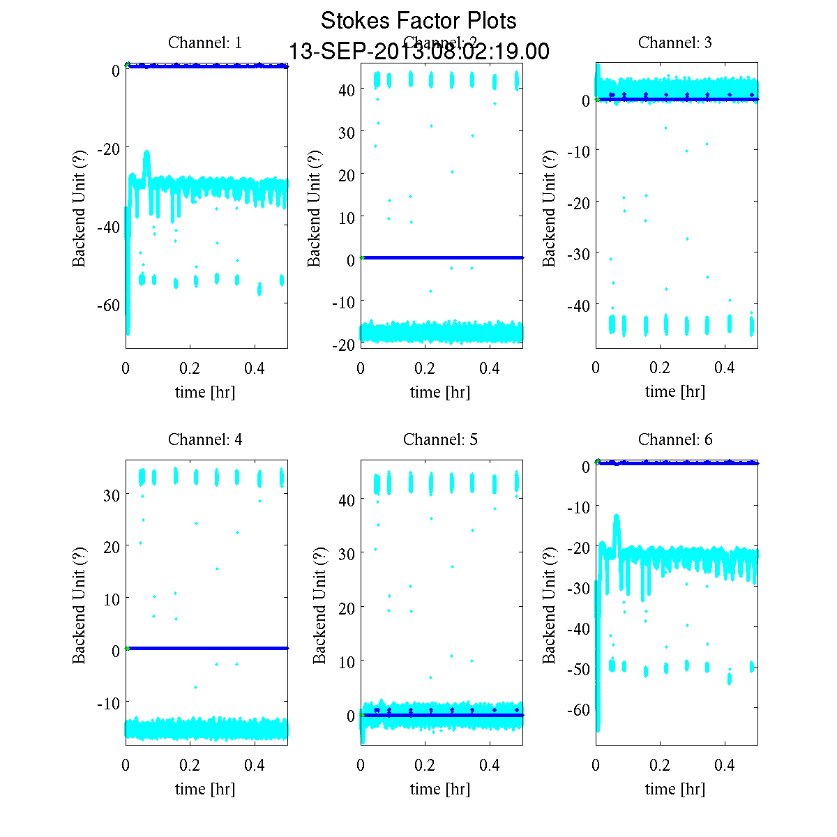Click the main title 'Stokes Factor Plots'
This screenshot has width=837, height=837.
coord(418,21)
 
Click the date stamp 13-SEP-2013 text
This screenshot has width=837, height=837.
coord(418,52)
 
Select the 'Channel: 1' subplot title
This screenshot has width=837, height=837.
coord(205,43)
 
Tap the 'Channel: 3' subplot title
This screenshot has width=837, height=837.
coord(675,43)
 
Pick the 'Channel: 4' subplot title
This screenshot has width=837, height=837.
coord(205,439)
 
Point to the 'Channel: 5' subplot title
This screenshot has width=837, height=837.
coord(440,439)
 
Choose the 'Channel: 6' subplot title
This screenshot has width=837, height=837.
coord(675,439)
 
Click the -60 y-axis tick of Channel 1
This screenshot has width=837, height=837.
coord(107,306)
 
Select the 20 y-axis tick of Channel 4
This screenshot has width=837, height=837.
coord(112,547)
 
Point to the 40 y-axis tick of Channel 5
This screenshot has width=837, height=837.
coord(347,500)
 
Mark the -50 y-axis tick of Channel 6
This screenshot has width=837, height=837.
coord(578,670)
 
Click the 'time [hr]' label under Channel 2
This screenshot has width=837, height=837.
coord(440,392)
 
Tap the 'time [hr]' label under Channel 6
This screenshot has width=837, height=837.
coord(675,789)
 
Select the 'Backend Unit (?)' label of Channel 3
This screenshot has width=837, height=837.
coord(550,208)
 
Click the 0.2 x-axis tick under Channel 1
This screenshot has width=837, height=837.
coord(190,368)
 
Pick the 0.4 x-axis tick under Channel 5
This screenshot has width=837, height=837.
coord(490,765)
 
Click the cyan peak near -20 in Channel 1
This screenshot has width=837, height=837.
coord(146,153)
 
